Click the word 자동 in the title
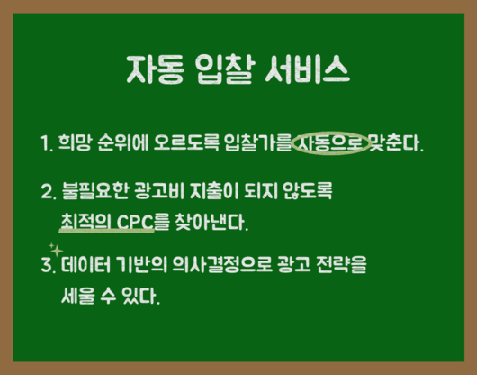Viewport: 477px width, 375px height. tap(156, 69)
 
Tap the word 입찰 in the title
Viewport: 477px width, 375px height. tap(224, 69)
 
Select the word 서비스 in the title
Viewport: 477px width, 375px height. tap(308, 69)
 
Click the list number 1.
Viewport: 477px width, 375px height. tap(47, 143)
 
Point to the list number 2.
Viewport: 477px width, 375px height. tap(49, 192)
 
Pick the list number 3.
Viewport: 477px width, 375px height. tap(49, 265)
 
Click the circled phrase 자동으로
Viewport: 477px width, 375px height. tap(330, 143)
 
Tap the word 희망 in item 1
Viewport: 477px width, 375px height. tap(75, 142)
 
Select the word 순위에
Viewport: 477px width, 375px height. tap(123, 142)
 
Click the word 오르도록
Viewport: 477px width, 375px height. tap(186, 142)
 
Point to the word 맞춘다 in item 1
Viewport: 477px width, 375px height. tap(395, 142)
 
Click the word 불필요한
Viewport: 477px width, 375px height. tap(94, 191)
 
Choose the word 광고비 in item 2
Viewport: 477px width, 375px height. tap(158, 191)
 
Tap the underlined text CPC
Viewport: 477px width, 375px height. tap(135, 223)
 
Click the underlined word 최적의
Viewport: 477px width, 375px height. tap(86, 222)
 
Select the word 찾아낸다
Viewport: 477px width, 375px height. tap(211, 222)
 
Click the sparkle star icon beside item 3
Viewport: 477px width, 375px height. tap(56, 251)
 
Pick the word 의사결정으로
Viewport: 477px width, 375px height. tap(222, 264)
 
